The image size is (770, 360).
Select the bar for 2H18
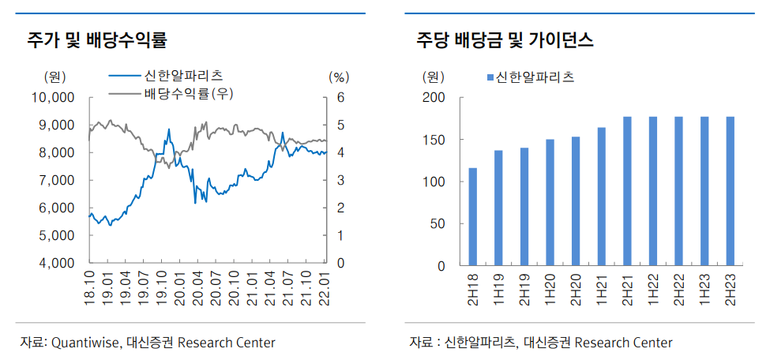[x=472, y=216]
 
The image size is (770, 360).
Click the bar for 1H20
[x=550, y=202]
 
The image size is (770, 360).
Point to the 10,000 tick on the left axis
[x=51, y=98]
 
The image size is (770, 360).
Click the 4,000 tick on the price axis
[x=54, y=264]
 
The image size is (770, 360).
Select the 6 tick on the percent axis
[x=340, y=98]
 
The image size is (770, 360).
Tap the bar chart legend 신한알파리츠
[x=535, y=77]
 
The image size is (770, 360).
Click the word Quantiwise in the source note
[x=85, y=342]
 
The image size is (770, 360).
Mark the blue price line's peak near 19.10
[x=168, y=129]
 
